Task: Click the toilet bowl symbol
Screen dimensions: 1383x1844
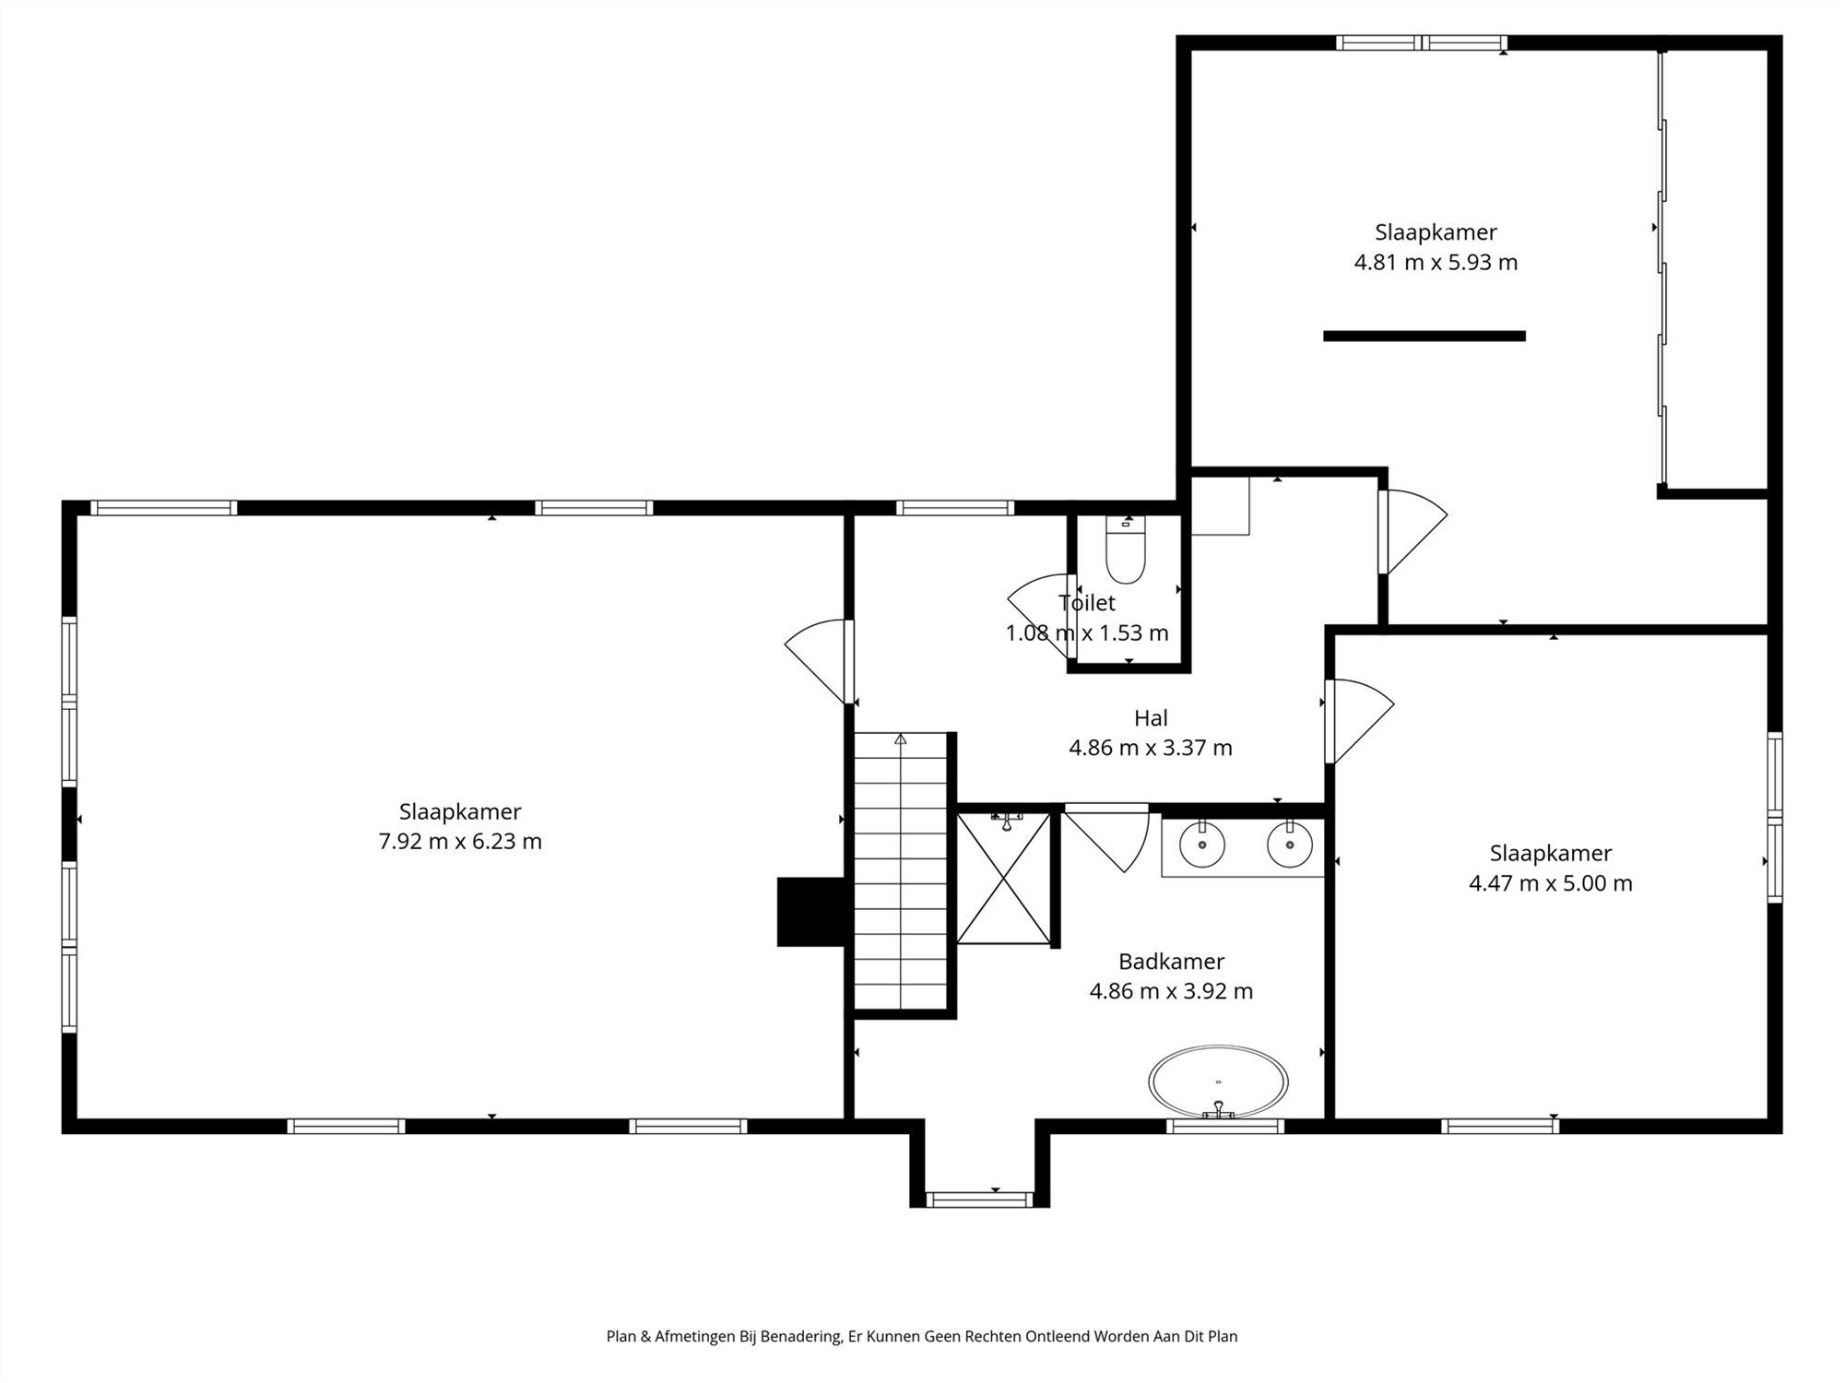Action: (x=1125, y=554)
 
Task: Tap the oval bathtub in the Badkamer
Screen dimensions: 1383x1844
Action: (x=1218, y=1081)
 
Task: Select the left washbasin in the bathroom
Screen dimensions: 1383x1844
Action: (x=1202, y=845)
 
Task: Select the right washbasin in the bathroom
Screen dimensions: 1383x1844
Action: (x=1289, y=845)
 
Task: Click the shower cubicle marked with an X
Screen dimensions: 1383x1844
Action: (x=1003, y=879)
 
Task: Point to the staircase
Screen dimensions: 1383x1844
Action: (x=901, y=871)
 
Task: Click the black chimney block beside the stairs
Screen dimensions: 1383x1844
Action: (x=810, y=911)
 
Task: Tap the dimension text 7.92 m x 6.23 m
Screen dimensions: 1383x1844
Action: (x=460, y=842)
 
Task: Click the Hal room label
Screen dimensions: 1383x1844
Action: (x=1151, y=717)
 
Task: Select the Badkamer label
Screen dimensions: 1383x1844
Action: (x=1171, y=962)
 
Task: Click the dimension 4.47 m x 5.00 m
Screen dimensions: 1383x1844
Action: (x=1550, y=883)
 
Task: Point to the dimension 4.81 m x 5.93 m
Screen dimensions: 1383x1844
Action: (x=1436, y=263)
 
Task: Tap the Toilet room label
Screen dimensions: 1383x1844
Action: (x=1087, y=603)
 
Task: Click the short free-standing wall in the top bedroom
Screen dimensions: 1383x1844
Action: (x=1424, y=337)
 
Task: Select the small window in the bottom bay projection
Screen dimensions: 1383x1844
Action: (x=979, y=1200)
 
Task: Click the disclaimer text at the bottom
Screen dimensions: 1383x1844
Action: (x=921, y=1336)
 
